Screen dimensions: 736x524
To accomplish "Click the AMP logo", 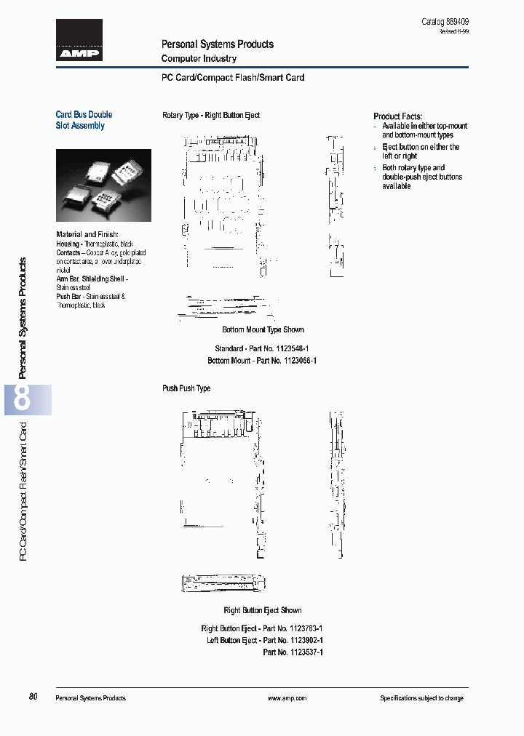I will pyautogui.click(x=79, y=41).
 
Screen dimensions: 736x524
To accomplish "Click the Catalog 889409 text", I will pyautogui.click(x=450, y=22).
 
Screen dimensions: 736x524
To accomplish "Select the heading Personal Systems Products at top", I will pyautogui.click(x=217, y=44).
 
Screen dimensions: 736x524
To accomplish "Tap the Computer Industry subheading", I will pyautogui.click(x=199, y=58).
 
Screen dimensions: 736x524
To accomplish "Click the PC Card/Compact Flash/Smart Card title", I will pyautogui.click(x=232, y=77).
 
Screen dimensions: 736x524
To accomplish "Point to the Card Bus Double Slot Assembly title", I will pyautogui.click(x=84, y=120).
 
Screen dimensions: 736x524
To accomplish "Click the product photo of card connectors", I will pyautogui.click(x=103, y=185).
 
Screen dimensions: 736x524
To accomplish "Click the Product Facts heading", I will pyautogui.click(x=397, y=116).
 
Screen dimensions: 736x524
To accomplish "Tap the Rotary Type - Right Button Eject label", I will pyautogui.click(x=210, y=115).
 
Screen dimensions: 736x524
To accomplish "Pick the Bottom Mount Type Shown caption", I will pyautogui.click(x=263, y=329).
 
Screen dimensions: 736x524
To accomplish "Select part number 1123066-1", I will pyautogui.click(x=294, y=360).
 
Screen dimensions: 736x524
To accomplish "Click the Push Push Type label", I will pyautogui.click(x=186, y=388).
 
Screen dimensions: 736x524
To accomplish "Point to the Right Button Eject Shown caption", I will pyautogui.click(x=262, y=610).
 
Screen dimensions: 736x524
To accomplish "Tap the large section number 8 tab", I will pyautogui.click(x=23, y=399).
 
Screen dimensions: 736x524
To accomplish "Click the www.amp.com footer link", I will pyautogui.click(x=287, y=698).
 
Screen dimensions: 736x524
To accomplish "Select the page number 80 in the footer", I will pyautogui.click(x=33, y=697).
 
